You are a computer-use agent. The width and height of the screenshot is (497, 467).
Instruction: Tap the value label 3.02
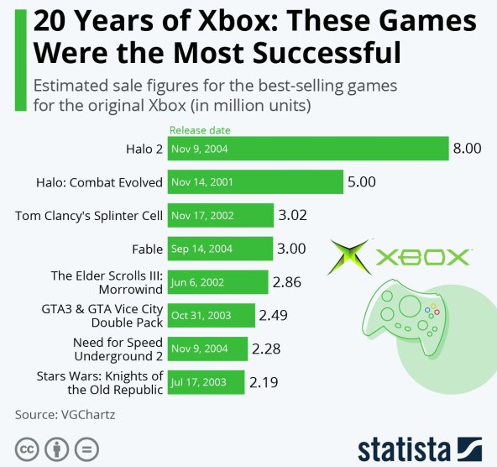292,215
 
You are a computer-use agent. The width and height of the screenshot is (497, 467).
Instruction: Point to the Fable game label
147,249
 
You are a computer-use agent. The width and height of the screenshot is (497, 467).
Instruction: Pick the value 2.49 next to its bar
274,315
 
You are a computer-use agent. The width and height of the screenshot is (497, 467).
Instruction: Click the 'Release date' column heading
200,130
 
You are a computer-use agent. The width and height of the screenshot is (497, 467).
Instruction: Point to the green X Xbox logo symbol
348,258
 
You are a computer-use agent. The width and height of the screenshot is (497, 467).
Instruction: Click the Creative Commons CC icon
26,449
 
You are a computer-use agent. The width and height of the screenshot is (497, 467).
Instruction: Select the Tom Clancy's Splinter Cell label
89,215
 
